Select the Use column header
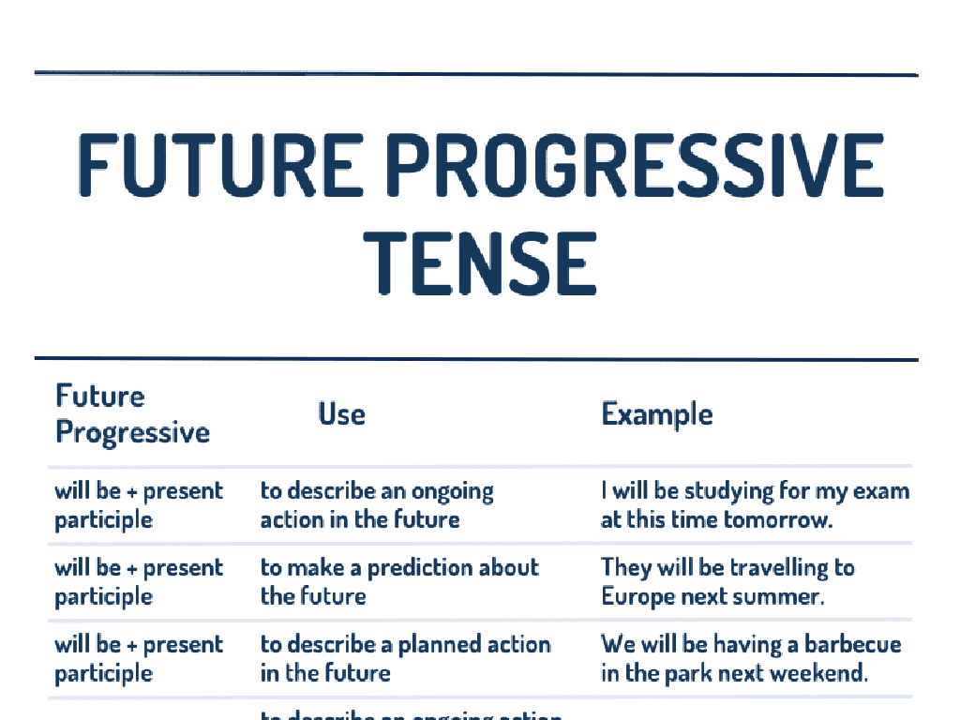(x=341, y=413)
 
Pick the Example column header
(x=656, y=413)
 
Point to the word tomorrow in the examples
(x=784, y=519)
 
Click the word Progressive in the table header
(x=132, y=433)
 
